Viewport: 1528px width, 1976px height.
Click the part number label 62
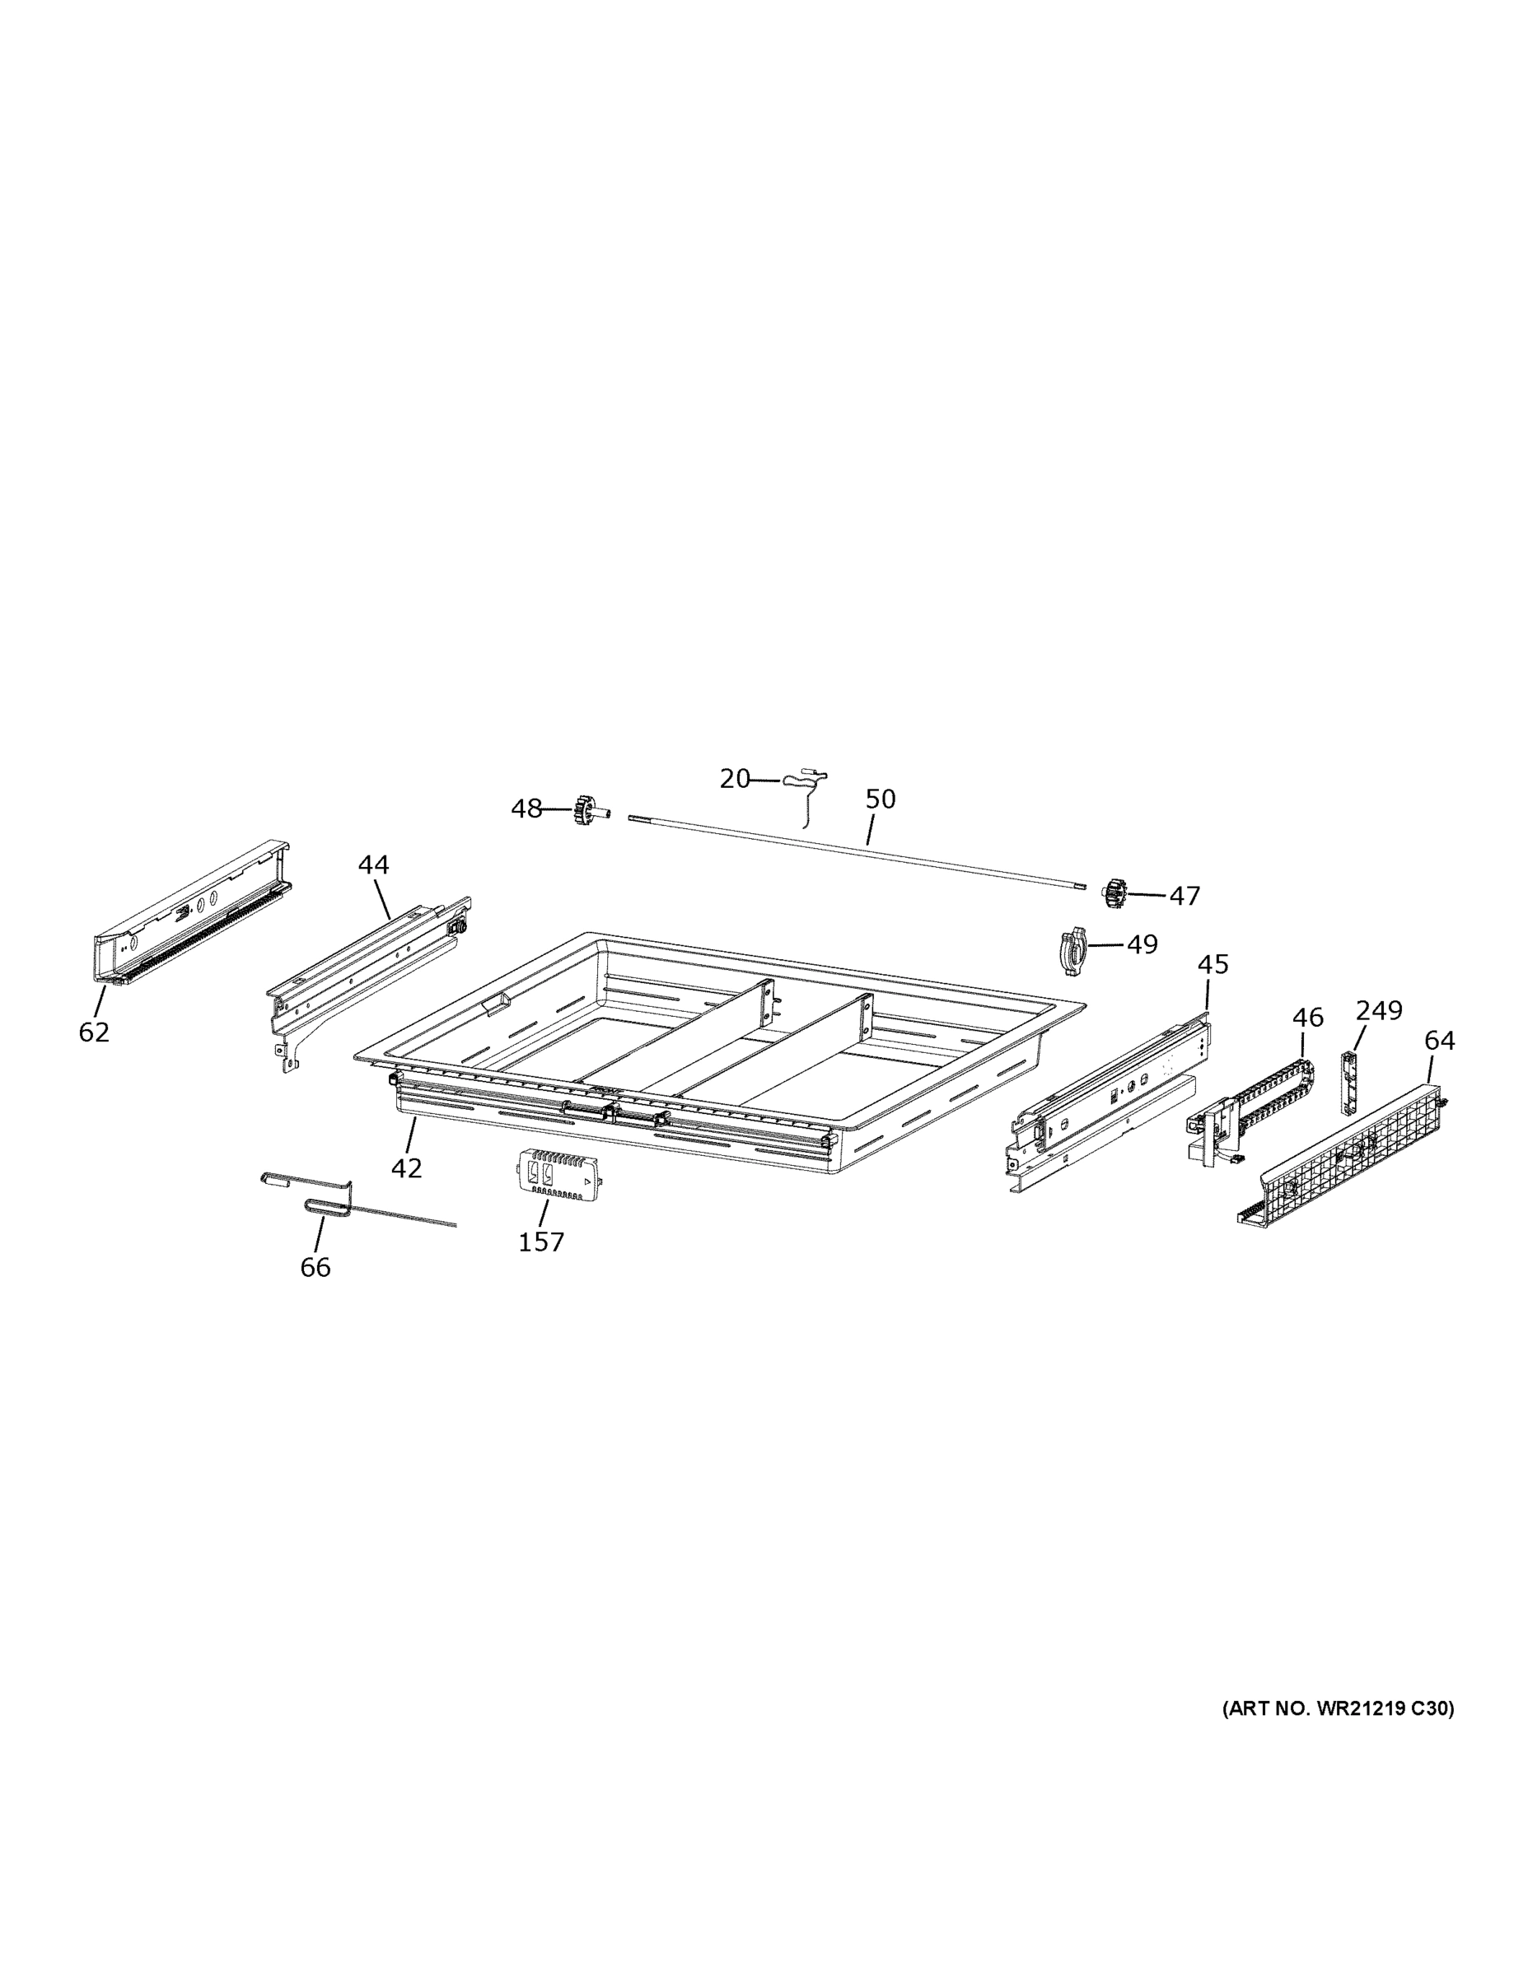[x=94, y=1032]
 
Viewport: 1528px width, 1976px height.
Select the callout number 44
[x=373, y=865]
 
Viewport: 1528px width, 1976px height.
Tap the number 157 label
[x=541, y=1242]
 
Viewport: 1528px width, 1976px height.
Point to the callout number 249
[x=1379, y=1009]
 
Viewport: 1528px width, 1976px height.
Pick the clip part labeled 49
[x=1071, y=949]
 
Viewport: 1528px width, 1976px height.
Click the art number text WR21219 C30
[x=1339, y=1709]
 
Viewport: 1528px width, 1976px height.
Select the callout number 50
[x=880, y=799]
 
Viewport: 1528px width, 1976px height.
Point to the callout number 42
[x=406, y=1168]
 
